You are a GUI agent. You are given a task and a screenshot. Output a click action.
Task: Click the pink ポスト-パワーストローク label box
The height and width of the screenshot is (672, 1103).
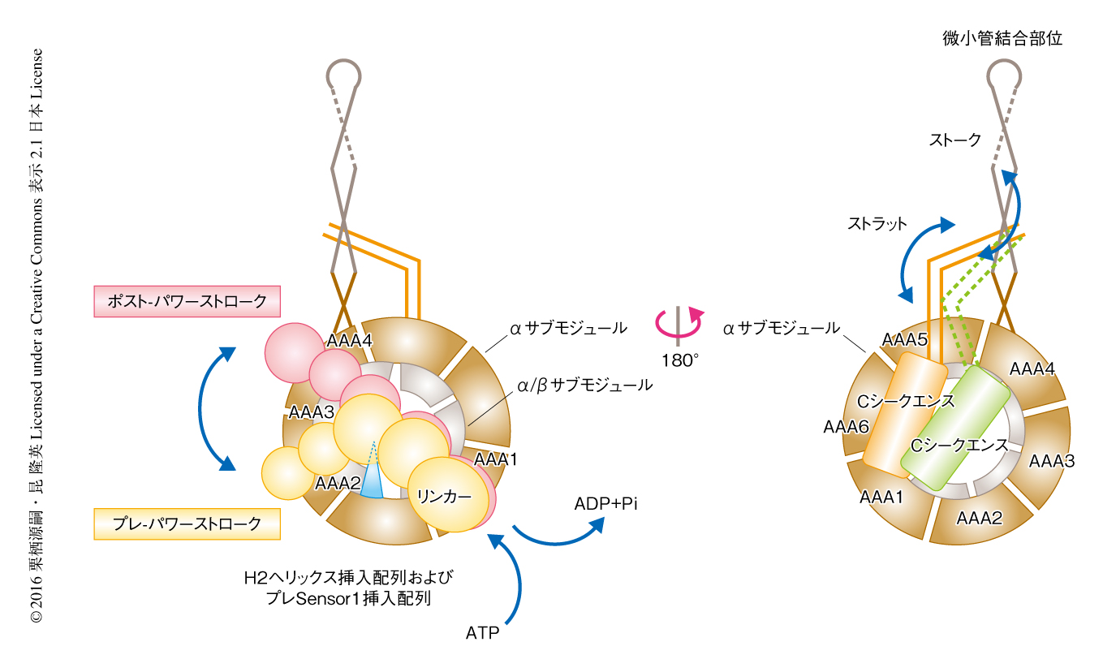[x=187, y=301]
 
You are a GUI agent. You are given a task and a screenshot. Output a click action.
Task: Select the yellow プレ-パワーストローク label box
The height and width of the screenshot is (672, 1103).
[x=187, y=523]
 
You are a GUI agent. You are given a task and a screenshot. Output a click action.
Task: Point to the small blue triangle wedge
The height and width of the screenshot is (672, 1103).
[x=371, y=479]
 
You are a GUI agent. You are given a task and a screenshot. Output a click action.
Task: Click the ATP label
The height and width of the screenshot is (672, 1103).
[x=482, y=632]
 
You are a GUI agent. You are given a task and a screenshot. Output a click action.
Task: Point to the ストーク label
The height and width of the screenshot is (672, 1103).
[x=954, y=140]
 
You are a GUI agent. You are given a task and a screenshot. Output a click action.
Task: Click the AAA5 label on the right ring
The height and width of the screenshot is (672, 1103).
[x=905, y=339]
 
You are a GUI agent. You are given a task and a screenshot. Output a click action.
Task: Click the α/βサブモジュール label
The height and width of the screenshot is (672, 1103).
[x=584, y=386]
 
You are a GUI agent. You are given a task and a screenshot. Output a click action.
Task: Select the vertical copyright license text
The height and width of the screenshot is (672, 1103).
[x=37, y=336]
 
